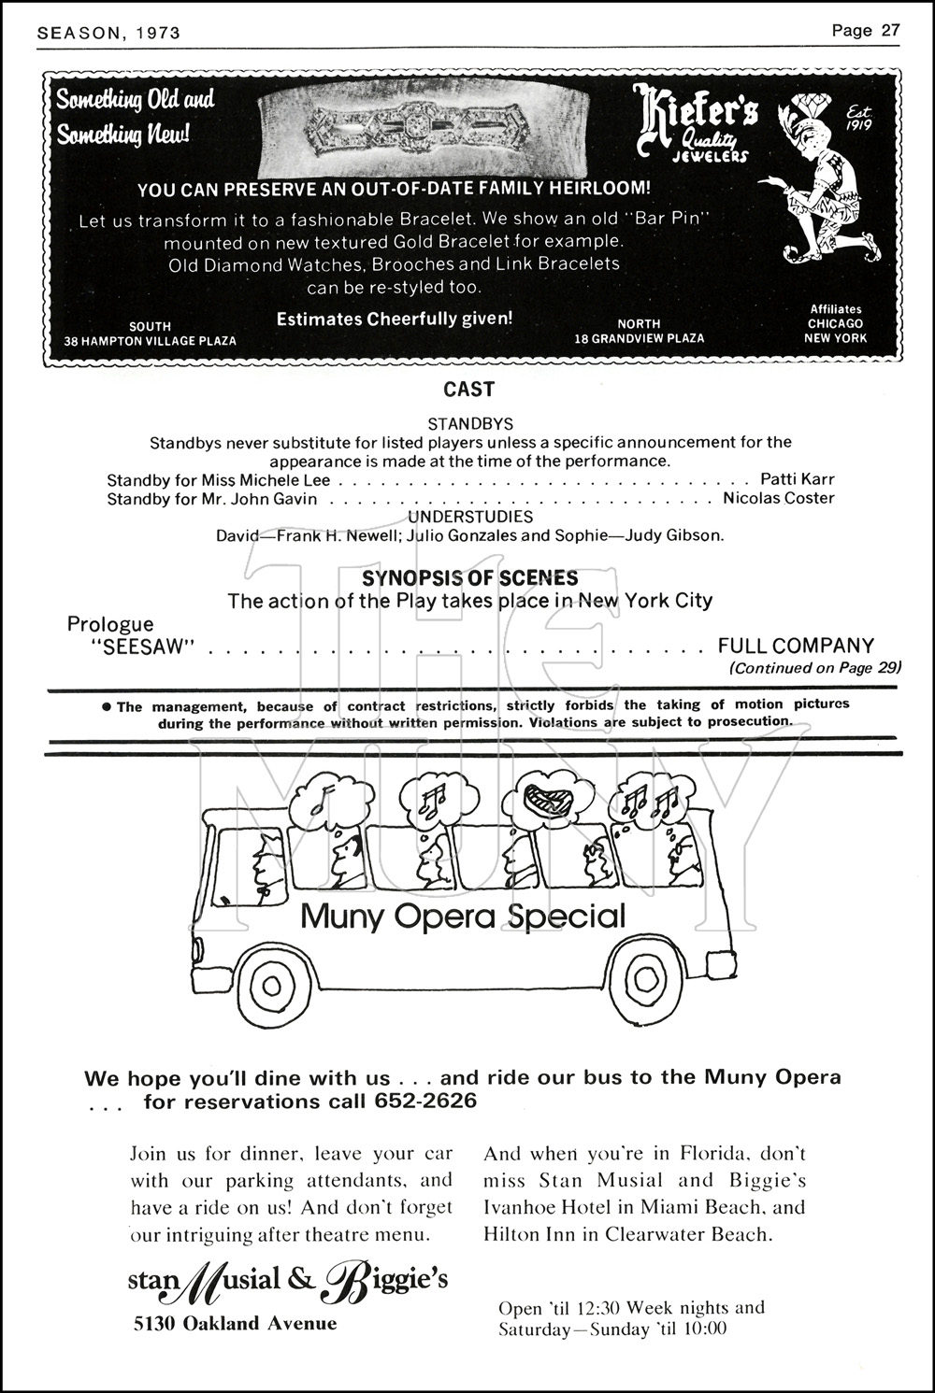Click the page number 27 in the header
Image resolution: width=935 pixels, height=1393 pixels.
888,30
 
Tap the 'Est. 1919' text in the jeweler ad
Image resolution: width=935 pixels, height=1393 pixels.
858,119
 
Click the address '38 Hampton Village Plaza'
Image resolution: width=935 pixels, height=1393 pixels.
150,341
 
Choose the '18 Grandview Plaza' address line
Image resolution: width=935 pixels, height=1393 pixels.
639,338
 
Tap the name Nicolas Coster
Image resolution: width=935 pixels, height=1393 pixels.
778,498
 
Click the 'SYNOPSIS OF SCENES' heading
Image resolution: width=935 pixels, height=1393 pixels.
470,578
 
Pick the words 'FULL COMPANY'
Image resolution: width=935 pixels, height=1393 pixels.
796,646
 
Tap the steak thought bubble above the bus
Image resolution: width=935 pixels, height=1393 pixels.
539,797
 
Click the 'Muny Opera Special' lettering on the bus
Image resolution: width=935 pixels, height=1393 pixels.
463,917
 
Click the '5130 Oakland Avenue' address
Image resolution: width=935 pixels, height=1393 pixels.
235,1323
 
